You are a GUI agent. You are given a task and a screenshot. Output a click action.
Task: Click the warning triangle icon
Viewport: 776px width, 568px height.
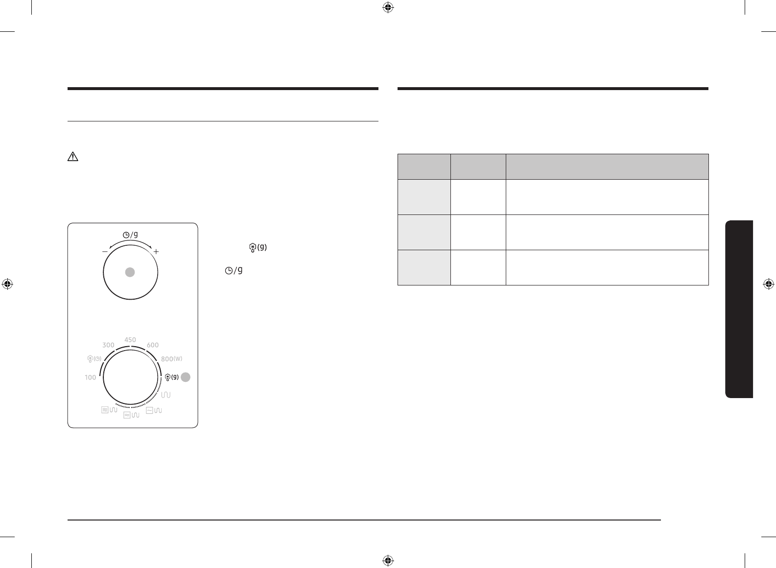[x=73, y=157]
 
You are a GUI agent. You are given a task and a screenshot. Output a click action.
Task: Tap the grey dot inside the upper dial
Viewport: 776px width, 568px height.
[x=130, y=272]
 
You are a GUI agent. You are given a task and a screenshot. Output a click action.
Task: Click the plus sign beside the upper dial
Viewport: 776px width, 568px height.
[x=156, y=252]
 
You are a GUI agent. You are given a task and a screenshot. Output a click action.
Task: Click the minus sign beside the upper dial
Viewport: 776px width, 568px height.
[x=105, y=252]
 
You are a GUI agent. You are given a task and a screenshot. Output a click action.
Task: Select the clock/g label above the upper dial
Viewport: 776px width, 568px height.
[x=130, y=235]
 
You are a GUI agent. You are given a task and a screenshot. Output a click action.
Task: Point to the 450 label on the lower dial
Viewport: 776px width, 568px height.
[x=130, y=340]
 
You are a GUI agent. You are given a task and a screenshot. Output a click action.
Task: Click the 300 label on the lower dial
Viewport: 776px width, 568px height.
[x=108, y=345]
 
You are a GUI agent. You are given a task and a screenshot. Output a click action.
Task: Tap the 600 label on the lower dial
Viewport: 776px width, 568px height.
[x=153, y=345]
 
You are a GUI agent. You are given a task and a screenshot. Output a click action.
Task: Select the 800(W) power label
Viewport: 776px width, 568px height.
[x=171, y=359]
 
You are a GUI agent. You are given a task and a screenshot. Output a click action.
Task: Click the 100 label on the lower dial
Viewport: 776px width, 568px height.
[x=91, y=378]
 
